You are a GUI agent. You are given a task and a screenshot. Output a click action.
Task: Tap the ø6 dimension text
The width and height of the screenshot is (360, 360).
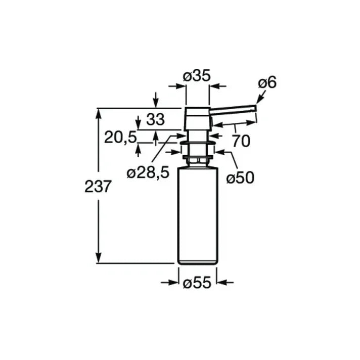(x=267, y=82)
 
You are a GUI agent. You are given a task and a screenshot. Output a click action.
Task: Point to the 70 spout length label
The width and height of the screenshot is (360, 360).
(x=241, y=141)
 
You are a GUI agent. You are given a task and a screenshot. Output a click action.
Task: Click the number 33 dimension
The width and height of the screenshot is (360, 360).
(x=155, y=120)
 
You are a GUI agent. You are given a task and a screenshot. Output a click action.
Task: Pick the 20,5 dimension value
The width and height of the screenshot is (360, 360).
(x=120, y=137)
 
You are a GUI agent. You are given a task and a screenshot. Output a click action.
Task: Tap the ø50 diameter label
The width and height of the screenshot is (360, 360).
(x=239, y=177)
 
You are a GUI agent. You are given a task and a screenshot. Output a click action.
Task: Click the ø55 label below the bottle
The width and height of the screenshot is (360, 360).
(x=197, y=284)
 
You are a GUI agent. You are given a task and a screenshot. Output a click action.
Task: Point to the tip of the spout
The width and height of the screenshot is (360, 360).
(x=255, y=107)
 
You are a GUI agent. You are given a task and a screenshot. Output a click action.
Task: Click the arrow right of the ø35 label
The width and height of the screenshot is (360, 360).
(x=216, y=86)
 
